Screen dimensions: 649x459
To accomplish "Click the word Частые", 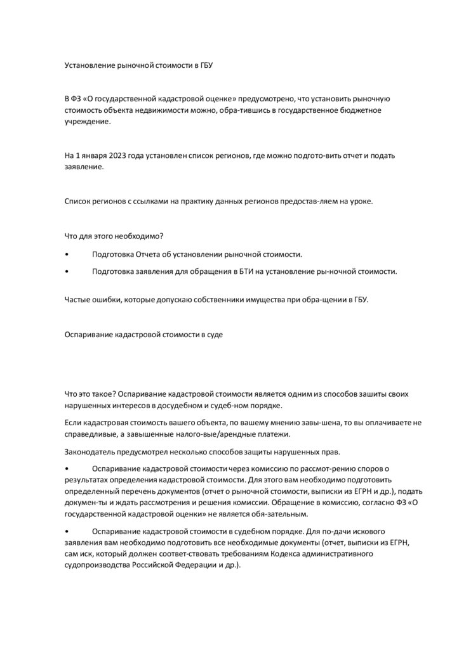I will pyautogui.click(x=77, y=300).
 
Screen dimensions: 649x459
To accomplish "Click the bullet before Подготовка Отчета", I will pyautogui.click(x=67, y=254).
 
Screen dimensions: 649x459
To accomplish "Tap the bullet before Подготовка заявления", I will pyautogui.click(x=67, y=271).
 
